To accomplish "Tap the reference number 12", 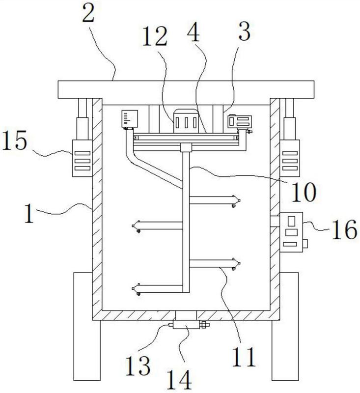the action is tap(155, 36).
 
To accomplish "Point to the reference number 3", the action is tap(244, 31).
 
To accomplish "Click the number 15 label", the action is tap(15, 140).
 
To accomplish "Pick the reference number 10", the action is tap(304, 192).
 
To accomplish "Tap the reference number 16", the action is tap(344, 229).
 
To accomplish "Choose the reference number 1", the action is tap(29, 214).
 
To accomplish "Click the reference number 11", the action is tap(244, 357).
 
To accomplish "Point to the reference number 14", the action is tap(179, 379).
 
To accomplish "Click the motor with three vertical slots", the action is tap(186, 121).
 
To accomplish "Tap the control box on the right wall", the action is tap(293, 232).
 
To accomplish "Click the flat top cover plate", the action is tap(186, 89).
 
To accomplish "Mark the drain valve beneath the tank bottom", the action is tap(189, 325).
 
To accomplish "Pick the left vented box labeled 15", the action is tap(83, 158).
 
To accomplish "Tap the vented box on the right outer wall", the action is tap(290, 158).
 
